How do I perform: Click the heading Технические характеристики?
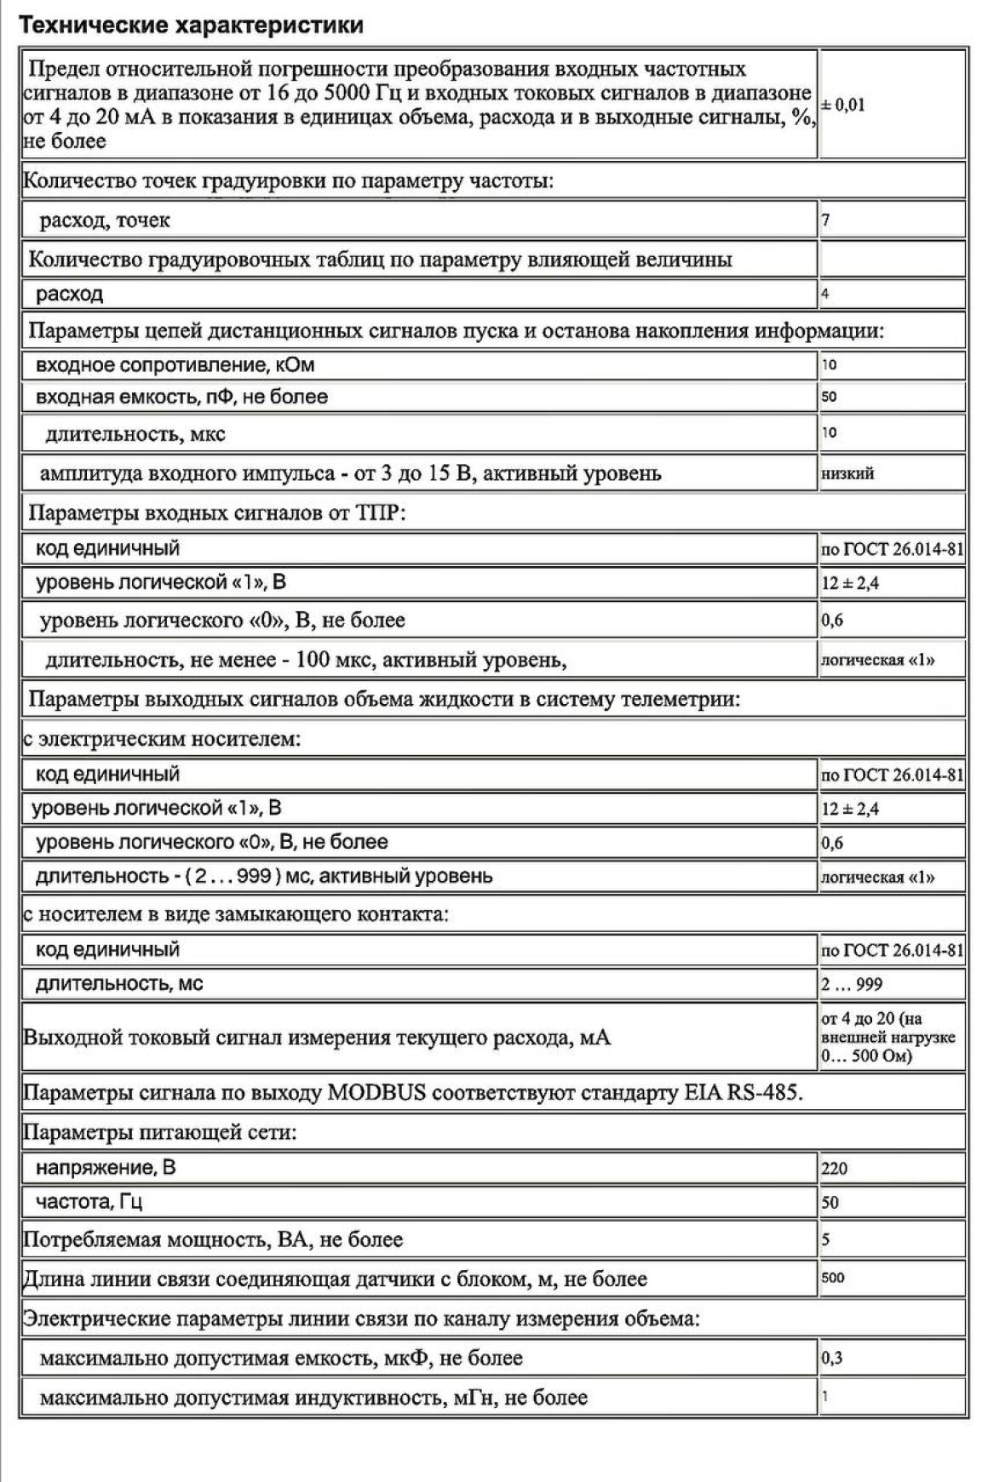point(191,26)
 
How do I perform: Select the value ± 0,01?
point(843,105)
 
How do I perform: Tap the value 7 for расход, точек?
point(826,220)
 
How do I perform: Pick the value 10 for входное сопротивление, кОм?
point(829,364)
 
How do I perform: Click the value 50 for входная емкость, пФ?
point(829,397)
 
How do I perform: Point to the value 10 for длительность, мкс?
point(829,432)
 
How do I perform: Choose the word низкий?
point(847,473)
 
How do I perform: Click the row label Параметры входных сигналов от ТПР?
point(217,513)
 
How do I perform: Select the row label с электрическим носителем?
point(162,738)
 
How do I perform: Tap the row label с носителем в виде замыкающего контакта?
point(235,914)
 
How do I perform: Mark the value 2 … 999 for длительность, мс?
point(852,984)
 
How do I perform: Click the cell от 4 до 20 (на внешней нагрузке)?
point(887,1037)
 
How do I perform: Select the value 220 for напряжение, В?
point(835,1168)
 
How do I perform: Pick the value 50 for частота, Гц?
point(830,1203)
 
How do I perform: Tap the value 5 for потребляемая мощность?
point(826,1239)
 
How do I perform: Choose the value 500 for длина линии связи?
point(833,1278)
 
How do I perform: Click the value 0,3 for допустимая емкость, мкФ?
point(832,1358)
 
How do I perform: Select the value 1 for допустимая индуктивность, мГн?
point(825,1396)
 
